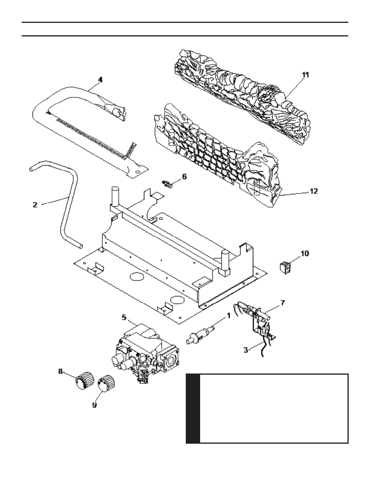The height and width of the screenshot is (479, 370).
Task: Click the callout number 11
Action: [305, 75]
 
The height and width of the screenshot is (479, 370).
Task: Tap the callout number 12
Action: [314, 191]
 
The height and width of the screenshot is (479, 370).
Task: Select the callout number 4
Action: [100, 80]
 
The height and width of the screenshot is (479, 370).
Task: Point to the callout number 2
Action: [35, 205]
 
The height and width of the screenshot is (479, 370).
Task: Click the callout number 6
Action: [184, 176]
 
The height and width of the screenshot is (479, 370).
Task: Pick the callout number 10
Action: [305, 254]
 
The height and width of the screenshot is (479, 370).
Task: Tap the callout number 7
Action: [282, 303]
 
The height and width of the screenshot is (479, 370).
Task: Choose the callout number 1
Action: [228, 316]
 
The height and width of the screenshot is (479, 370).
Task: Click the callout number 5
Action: [124, 317]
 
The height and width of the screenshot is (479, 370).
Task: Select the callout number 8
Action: [61, 371]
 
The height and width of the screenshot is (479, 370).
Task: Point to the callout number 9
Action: [94, 405]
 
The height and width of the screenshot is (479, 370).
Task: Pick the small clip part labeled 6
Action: [167, 184]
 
